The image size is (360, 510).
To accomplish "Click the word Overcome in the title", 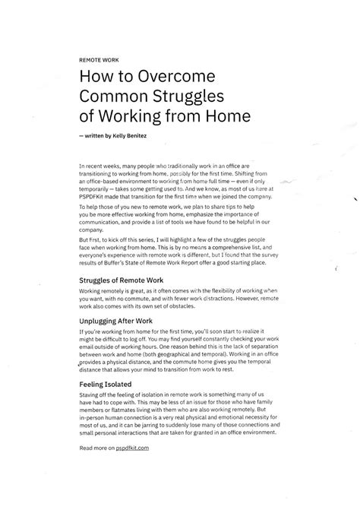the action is coord(177,76).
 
